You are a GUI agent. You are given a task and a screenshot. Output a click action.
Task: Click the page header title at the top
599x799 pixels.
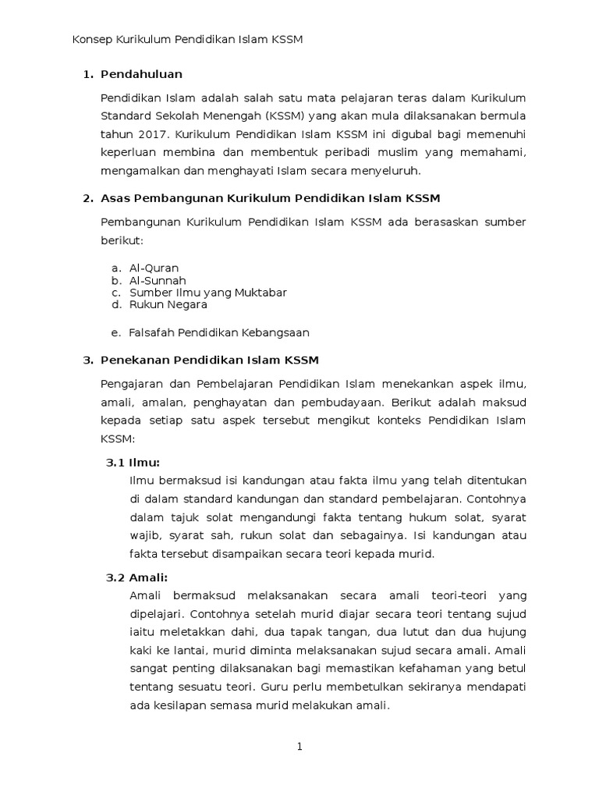click(187, 39)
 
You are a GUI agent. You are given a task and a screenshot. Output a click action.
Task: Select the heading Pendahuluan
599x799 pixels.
click(142, 74)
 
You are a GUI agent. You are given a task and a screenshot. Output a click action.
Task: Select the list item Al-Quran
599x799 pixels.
click(154, 268)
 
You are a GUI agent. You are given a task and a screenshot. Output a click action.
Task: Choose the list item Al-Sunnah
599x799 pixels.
click(158, 280)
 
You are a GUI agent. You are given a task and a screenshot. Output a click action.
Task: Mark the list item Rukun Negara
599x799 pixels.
click(168, 305)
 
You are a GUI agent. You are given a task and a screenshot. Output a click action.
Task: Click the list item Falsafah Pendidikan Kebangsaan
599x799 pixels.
click(219, 332)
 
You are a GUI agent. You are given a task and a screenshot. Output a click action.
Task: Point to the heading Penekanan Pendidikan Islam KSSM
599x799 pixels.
click(210, 360)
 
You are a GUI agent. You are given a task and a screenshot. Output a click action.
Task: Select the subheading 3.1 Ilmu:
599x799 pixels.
click(133, 463)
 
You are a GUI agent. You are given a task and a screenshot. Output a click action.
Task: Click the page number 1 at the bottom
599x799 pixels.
click(299, 747)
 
